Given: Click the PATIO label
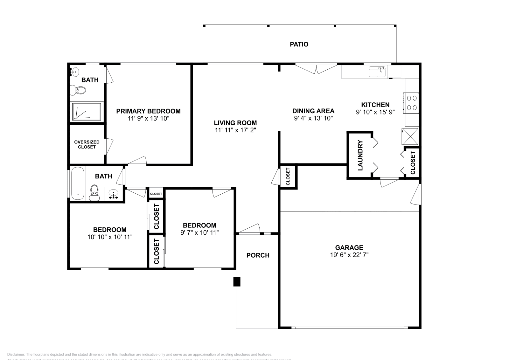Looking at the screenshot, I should [x=299, y=44].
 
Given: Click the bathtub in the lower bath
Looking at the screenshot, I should [x=77, y=183].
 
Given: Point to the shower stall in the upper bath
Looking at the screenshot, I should [x=87, y=112].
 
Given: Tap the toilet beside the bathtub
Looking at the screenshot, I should [x=94, y=193].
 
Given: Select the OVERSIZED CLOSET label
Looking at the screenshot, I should [x=87, y=144].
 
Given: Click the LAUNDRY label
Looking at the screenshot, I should [x=360, y=155].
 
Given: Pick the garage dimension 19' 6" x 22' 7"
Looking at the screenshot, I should [x=349, y=255].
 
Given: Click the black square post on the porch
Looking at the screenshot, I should [x=237, y=282].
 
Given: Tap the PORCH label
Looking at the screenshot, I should [x=258, y=255].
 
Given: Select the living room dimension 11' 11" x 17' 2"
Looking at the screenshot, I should [x=235, y=130].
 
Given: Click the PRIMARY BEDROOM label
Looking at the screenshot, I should [x=148, y=111].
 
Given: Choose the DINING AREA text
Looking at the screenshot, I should [x=313, y=111].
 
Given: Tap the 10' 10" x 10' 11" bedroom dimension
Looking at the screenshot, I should [x=110, y=237].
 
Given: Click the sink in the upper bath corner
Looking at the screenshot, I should [x=75, y=72].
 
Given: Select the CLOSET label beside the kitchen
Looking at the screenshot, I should [x=413, y=163].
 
